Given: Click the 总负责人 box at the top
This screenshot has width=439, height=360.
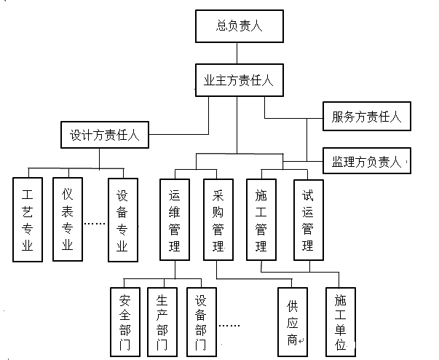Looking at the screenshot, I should click(238, 26).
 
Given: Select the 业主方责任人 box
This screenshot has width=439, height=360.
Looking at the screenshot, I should click(238, 80).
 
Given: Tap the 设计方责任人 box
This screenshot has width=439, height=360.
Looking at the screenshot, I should click(108, 135).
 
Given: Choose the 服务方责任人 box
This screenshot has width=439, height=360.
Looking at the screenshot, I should click(366, 116).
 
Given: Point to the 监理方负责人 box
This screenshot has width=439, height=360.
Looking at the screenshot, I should click(366, 160).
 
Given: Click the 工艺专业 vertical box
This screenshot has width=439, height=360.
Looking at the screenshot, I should click(28, 219).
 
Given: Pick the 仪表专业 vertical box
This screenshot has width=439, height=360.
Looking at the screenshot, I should click(68, 219).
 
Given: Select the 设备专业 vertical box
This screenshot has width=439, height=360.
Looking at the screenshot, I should click(122, 219).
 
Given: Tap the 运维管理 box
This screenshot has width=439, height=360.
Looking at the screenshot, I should click(175, 219).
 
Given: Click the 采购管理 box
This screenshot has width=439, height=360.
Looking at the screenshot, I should click(218, 219).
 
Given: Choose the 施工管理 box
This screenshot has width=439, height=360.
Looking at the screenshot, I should click(261, 219).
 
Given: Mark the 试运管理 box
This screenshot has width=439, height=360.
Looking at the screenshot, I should click(308, 219).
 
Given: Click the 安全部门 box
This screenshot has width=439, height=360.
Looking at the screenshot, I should click(124, 321).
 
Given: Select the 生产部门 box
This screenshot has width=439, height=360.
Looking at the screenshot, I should click(162, 321).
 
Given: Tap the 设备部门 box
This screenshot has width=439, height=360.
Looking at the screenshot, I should click(201, 321).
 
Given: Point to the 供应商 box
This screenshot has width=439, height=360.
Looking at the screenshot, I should click(293, 321).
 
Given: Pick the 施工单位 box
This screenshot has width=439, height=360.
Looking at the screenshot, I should click(341, 321).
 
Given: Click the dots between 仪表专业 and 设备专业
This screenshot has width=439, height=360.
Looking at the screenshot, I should click(95, 223).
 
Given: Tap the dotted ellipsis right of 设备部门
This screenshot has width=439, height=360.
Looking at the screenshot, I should click(230, 326).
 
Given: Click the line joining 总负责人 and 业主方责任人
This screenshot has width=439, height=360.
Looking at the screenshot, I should click(238, 52).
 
